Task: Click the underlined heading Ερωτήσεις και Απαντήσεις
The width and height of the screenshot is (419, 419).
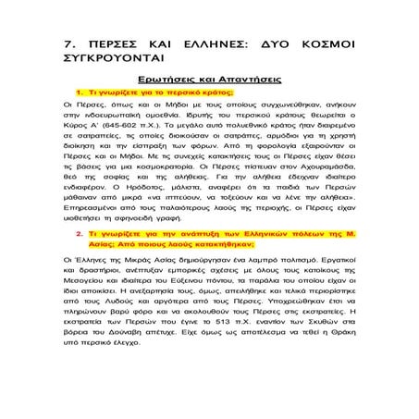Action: pos(209,80)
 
